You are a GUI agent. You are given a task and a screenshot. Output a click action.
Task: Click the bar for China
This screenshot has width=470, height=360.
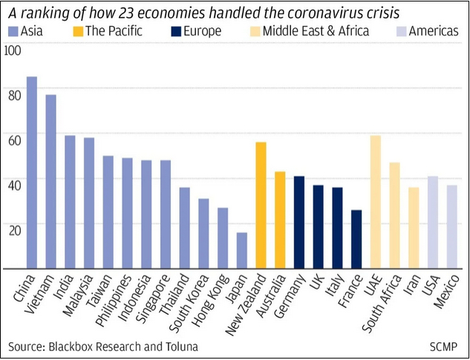click(x=32, y=172)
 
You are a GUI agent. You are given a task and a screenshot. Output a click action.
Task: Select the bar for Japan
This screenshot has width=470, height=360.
click(x=241, y=250)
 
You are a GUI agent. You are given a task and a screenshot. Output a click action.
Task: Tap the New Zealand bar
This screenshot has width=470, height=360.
click(x=261, y=205)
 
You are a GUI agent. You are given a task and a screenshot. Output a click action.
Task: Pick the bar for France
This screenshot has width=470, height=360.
click(x=356, y=239)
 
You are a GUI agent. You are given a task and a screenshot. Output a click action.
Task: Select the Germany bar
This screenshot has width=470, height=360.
click(x=299, y=222)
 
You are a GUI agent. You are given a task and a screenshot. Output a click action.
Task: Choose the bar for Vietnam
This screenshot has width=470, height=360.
click(x=51, y=181)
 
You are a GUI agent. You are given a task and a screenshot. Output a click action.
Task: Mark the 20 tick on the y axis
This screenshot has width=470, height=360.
click(x=15, y=229)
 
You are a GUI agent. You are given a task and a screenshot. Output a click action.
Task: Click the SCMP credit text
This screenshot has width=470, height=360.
click(x=445, y=347)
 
